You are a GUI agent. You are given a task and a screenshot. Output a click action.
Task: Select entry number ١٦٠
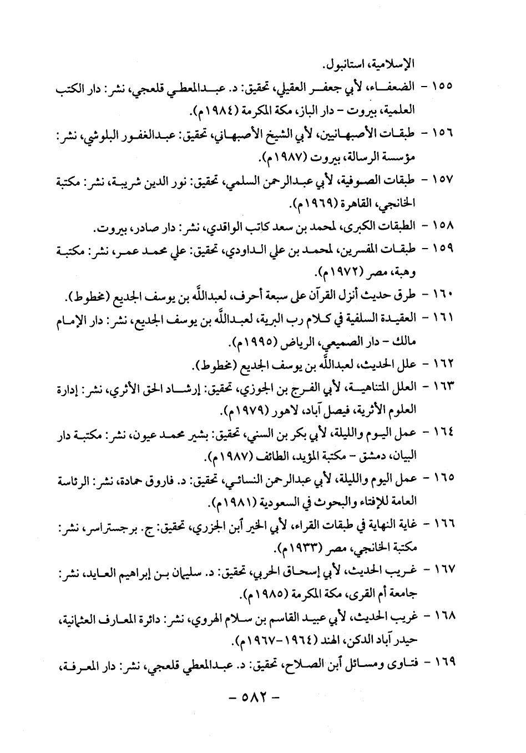(x=443, y=294)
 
